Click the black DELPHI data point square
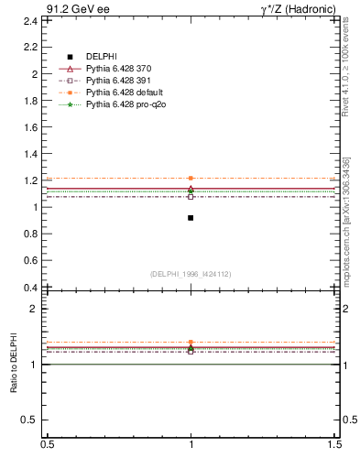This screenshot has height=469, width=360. coord(191,218)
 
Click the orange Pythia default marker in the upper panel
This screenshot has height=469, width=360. coord(191,178)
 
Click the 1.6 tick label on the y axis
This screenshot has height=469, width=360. coord(30,126)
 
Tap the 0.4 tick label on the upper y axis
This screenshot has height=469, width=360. coord(30,288)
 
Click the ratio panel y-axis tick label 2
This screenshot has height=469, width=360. coord(35,309)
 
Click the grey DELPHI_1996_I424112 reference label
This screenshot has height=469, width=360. coord(191,274)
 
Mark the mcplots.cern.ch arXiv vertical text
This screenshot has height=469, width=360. coord(346,221)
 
